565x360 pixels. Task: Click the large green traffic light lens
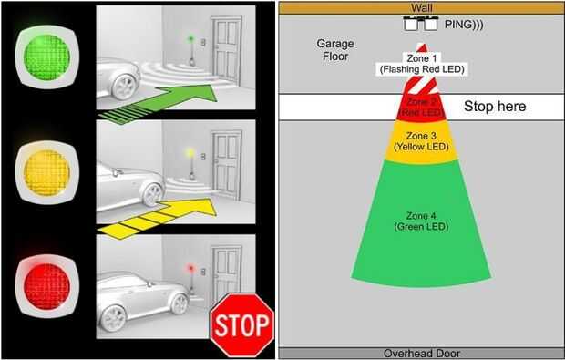click(x=46, y=57)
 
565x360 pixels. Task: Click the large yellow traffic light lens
click(x=46, y=173)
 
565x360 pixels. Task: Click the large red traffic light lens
click(x=46, y=287)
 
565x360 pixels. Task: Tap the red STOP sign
click(x=242, y=325)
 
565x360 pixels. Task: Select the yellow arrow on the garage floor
click(x=159, y=219)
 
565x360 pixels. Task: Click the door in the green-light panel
click(x=227, y=51)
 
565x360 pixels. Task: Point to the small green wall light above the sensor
click(x=190, y=38)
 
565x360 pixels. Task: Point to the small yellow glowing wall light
click(x=190, y=153)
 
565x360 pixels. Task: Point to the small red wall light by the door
click(x=190, y=268)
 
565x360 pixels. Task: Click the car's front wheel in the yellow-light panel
click(x=152, y=195)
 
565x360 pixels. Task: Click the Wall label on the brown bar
click(x=422, y=7)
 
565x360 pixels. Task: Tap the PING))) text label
click(x=464, y=24)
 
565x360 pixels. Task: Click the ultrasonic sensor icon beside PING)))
click(x=421, y=24)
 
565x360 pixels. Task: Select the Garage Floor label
click(x=335, y=50)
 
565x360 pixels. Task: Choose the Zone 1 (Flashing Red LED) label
click(x=422, y=64)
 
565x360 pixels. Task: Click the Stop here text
click(x=495, y=107)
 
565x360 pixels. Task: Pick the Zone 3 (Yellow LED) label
click(x=421, y=141)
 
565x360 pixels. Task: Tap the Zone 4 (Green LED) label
click(x=421, y=221)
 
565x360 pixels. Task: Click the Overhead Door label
click(x=422, y=354)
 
